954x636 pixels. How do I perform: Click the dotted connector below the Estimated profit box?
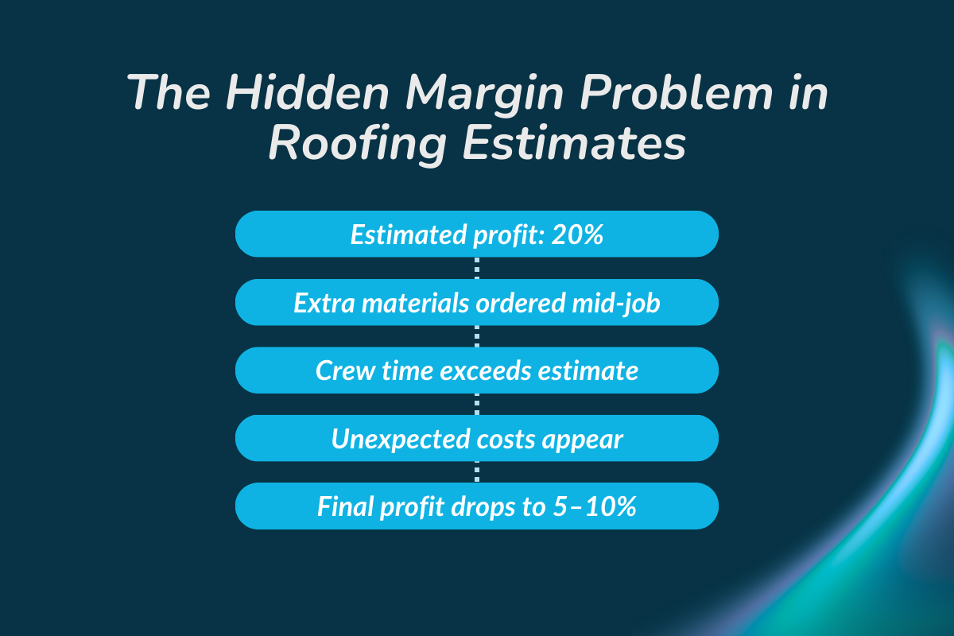click(477, 268)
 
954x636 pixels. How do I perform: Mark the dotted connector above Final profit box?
click(477, 472)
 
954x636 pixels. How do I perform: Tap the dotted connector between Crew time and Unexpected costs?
click(477, 405)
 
